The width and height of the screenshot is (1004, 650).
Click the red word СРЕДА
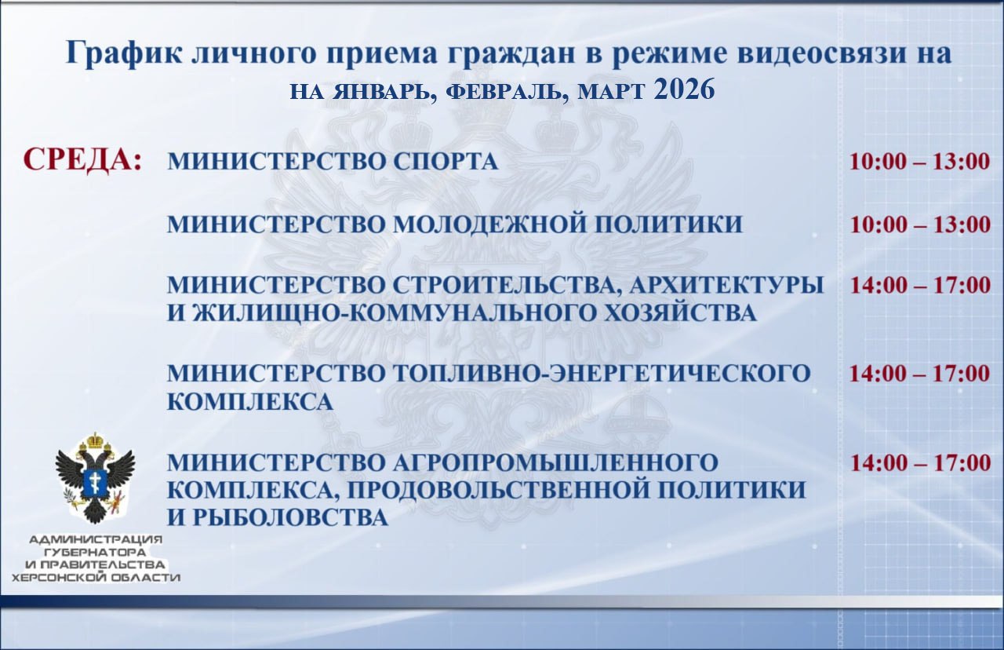[x=82, y=159]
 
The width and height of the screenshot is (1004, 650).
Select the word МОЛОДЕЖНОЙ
[x=484, y=225]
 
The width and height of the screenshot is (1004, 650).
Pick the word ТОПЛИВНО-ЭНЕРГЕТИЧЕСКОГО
[x=598, y=373]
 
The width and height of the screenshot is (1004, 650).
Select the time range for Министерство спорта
[x=920, y=162]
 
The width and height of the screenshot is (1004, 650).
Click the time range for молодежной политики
[x=920, y=225]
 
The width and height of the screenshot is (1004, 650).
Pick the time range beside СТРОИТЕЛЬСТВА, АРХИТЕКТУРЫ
[x=920, y=285]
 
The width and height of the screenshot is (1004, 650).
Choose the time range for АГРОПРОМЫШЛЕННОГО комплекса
[x=920, y=462]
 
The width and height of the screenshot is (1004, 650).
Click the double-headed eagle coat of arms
[x=95, y=477]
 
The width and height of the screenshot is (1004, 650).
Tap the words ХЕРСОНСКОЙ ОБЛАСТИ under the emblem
[x=95, y=578]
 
